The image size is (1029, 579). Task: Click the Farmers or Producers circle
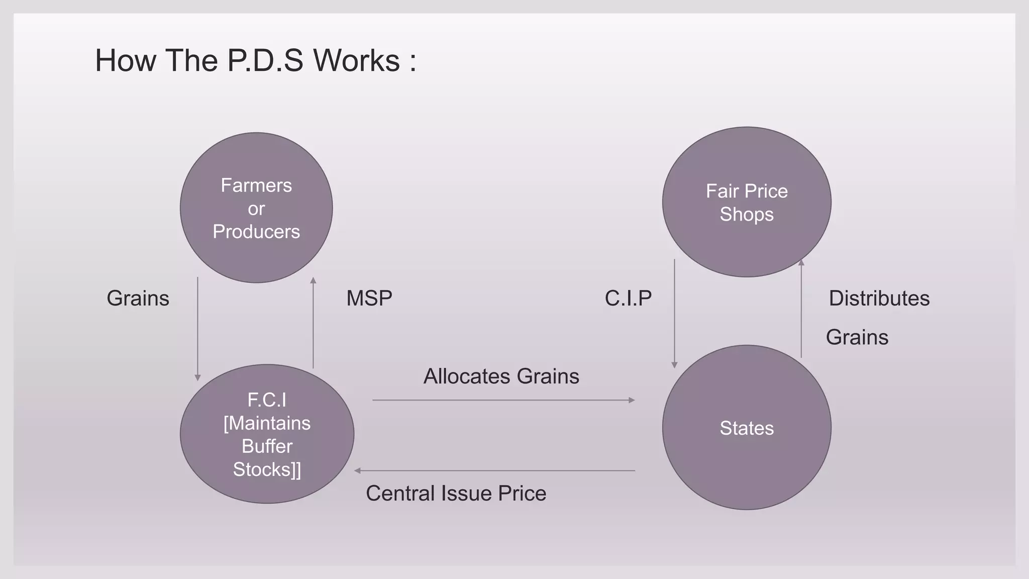tap(256, 208)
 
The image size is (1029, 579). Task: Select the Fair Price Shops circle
tap(747, 202)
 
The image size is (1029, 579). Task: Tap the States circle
tap(747, 428)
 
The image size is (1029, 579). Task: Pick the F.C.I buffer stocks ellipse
tap(267, 434)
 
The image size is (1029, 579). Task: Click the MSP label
tap(369, 298)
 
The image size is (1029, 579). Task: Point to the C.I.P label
tap(628, 298)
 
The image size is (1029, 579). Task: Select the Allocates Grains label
tap(501, 376)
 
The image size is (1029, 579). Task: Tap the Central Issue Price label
tap(456, 493)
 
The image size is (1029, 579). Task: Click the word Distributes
tap(879, 298)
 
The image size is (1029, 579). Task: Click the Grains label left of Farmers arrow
tap(138, 298)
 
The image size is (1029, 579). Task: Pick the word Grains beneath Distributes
tap(857, 337)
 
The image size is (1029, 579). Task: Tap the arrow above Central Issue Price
tap(495, 471)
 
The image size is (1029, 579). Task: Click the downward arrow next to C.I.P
tap(674, 314)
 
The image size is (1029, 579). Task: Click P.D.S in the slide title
tap(265, 61)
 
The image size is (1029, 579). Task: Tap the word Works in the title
tap(357, 61)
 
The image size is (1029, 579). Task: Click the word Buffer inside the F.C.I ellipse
tap(267, 446)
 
